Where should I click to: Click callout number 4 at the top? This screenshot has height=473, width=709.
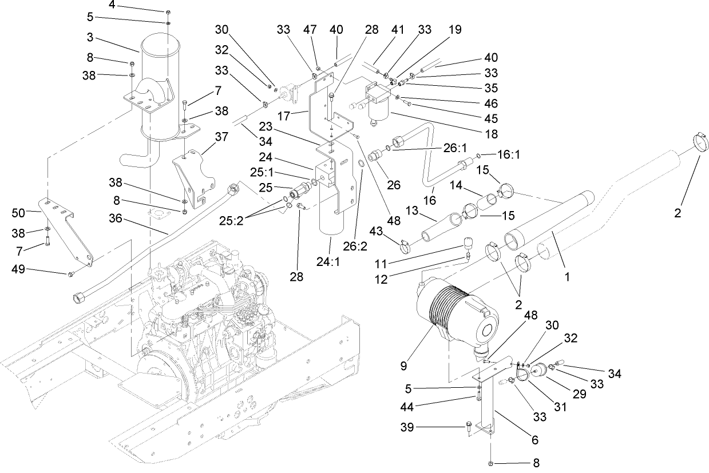pos(112,5)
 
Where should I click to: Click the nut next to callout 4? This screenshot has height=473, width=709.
pos(168,12)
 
